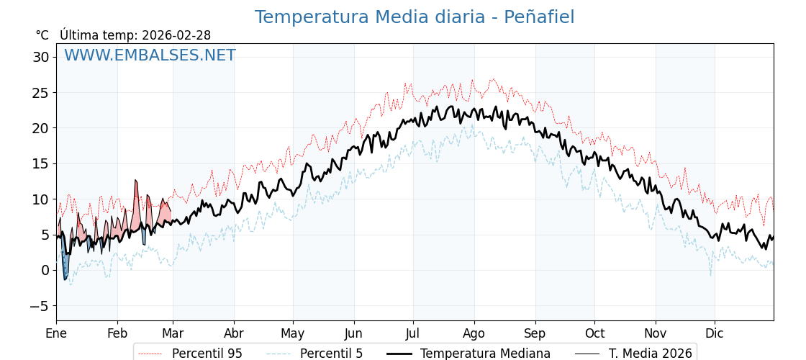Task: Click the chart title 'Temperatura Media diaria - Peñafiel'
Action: pos(415,17)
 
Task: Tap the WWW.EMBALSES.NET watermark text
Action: pos(150,55)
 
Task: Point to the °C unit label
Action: pos(42,35)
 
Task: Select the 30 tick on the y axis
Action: pos(40,57)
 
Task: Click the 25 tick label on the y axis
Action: pos(40,93)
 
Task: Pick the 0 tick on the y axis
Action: pos(45,271)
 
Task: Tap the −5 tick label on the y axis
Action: pos(40,306)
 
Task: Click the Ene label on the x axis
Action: pos(56,333)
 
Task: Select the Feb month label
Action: pos(117,333)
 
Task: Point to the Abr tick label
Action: pos(234,333)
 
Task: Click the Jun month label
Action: pos(353,333)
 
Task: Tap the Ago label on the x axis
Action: pos(474,333)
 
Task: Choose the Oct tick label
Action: pos(594,333)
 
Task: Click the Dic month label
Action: pos(715,333)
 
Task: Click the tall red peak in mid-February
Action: pos(135,183)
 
